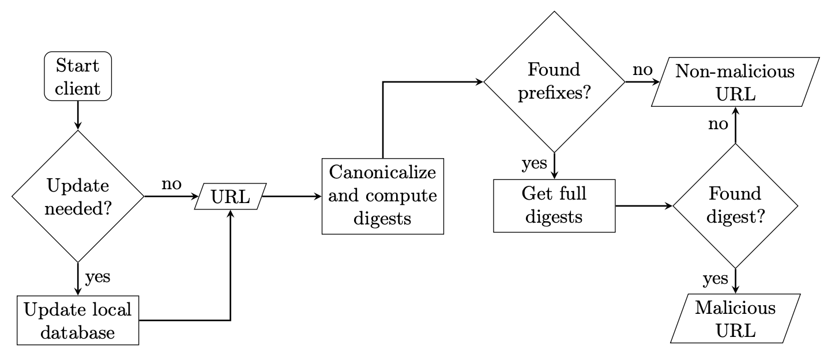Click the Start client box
[x=77, y=77]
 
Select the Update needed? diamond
[x=77, y=197]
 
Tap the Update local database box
[x=77, y=320]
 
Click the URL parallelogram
[x=231, y=197]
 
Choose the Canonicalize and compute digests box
[x=383, y=196]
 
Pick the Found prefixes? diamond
[x=554, y=81]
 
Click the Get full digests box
[x=554, y=205]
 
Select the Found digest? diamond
[x=735, y=205]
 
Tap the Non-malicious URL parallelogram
[x=735, y=81]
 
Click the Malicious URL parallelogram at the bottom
[x=735, y=319]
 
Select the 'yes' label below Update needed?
[x=97, y=277]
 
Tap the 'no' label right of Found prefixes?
[x=642, y=70]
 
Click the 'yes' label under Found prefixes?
[x=534, y=164]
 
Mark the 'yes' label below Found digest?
[x=716, y=279]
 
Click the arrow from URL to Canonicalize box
[x=292, y=197]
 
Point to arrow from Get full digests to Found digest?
[x=645, y=205]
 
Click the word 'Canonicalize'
[x=383, y=172]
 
